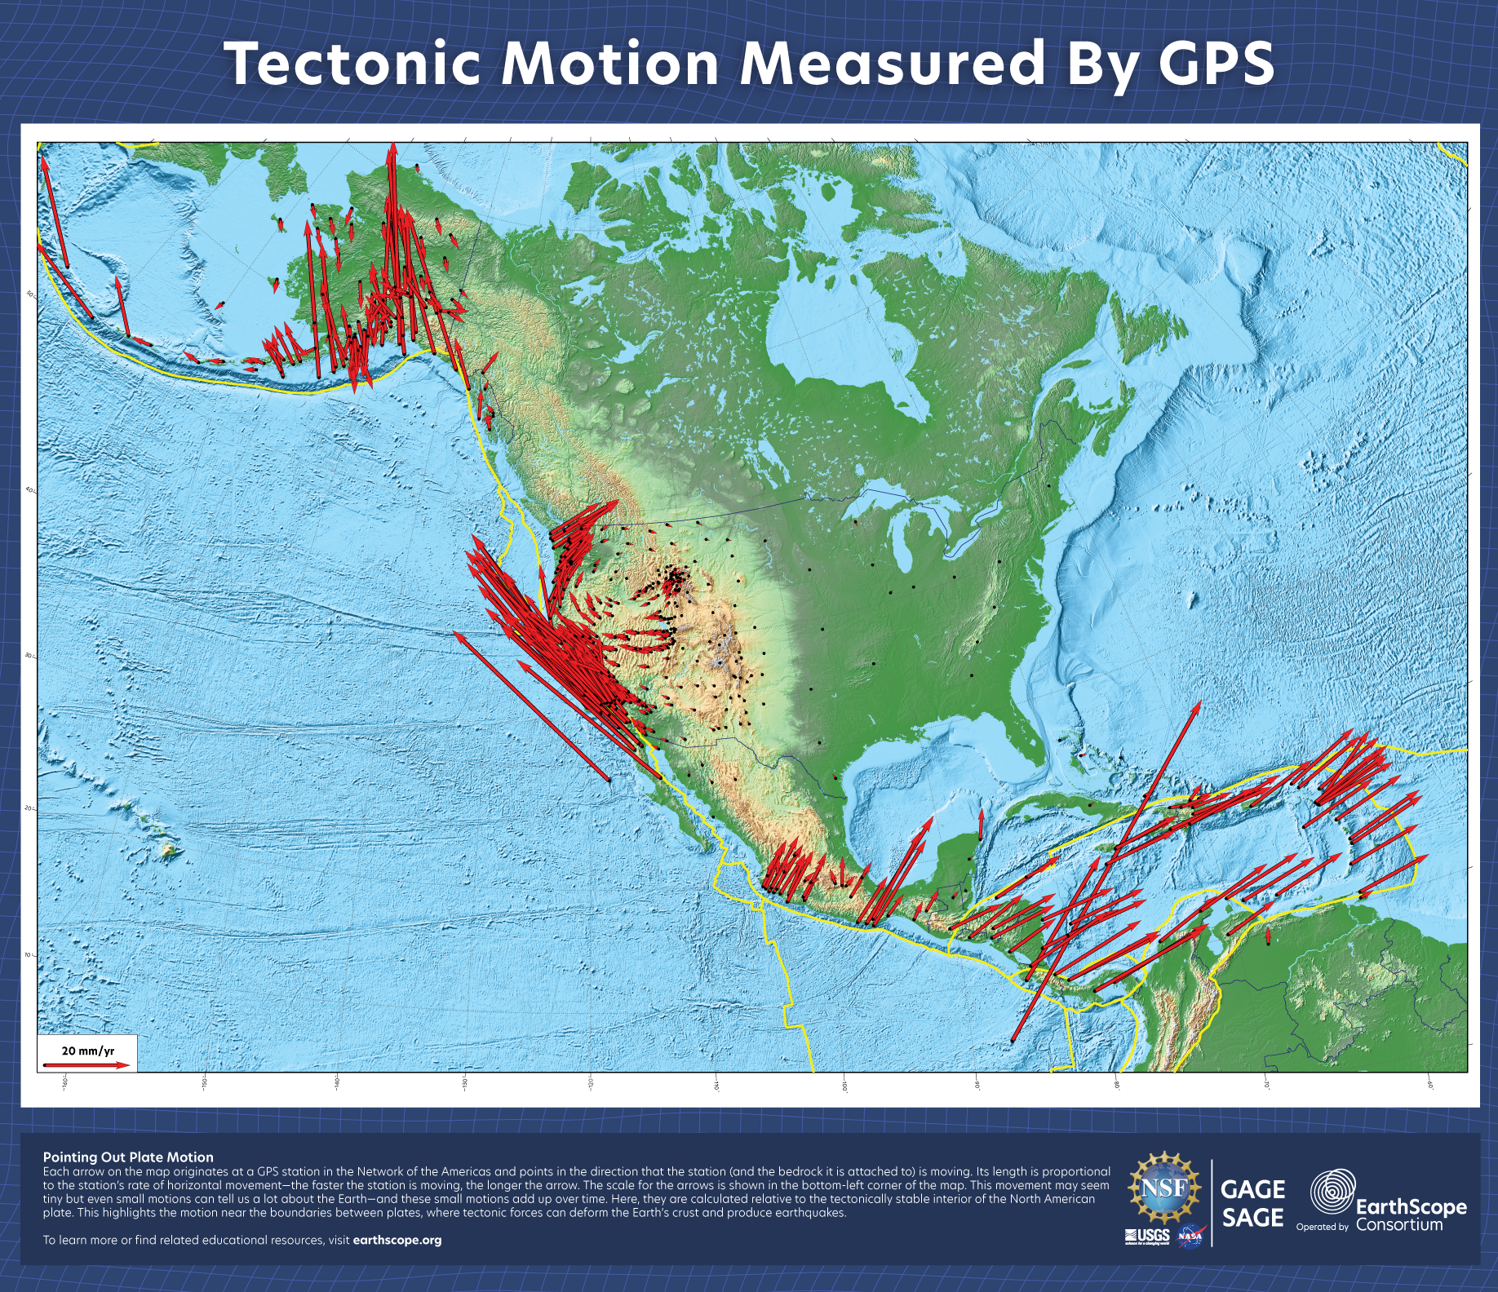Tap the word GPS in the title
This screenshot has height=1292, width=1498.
(1216, 64)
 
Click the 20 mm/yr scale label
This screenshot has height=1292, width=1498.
(88, 1051)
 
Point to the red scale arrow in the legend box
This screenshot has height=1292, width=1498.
(86, 1065)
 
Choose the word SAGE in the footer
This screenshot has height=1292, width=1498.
(1252, 1218)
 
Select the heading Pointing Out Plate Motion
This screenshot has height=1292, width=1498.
(128, 1157)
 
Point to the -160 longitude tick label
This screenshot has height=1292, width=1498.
(64, 1082)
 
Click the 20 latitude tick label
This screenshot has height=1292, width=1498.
(29, 807)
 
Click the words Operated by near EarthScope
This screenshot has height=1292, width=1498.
(1322, 1227)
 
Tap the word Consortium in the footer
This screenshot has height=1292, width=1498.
(1399, 1224)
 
